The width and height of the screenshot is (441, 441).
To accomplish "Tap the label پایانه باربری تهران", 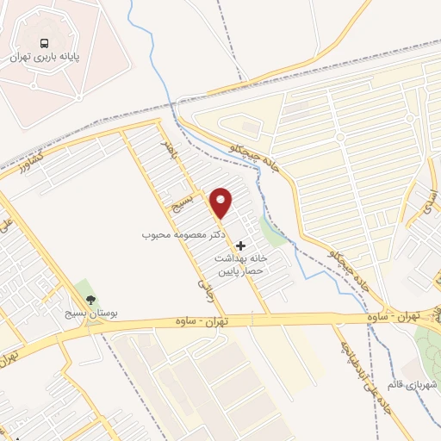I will tap(44, 56).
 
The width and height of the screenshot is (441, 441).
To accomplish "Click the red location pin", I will tap(221, 202).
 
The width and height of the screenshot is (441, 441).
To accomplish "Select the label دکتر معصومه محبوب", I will tap(184, 233).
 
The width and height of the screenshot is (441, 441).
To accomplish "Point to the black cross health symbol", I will tap(240, 245).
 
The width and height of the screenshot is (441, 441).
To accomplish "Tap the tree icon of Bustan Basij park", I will tap(82, 300).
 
